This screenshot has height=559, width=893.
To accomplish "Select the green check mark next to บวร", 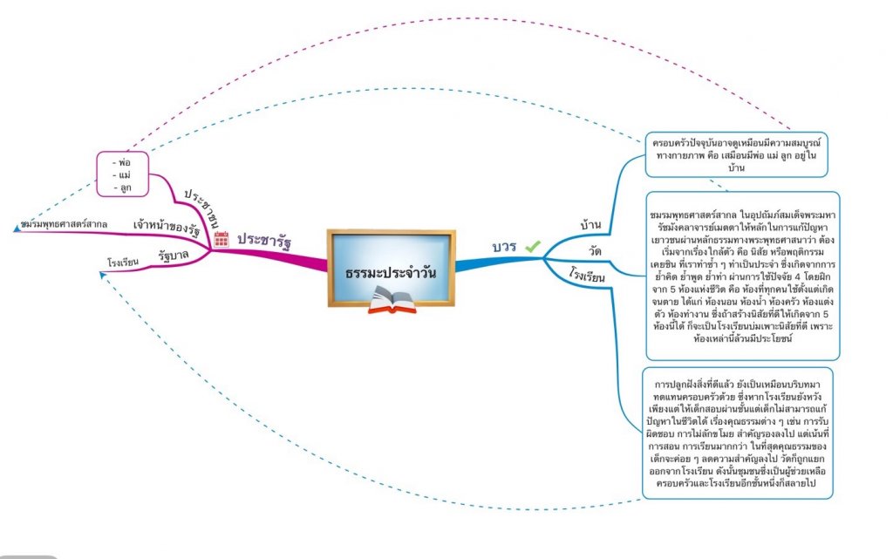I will [532, 247].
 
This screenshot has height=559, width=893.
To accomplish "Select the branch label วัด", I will [596, 251].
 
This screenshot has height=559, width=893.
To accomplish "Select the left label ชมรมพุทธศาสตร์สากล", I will [64, 225].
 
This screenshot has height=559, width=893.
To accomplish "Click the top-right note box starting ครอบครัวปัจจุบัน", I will [737, 153].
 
